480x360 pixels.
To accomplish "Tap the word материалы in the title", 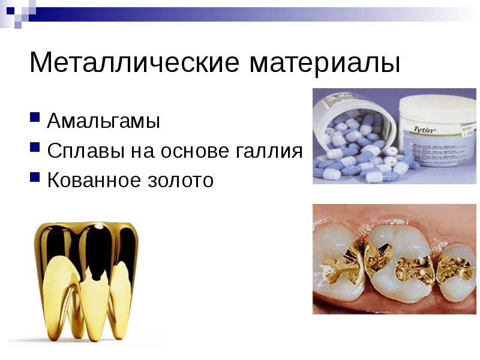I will pos(319,62).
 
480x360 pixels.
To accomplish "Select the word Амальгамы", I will pos(104,122).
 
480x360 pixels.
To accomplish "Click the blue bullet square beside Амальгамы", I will pos(35,115).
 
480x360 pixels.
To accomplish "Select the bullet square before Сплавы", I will pos(35,145).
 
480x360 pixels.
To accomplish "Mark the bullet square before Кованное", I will pos(35,174).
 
